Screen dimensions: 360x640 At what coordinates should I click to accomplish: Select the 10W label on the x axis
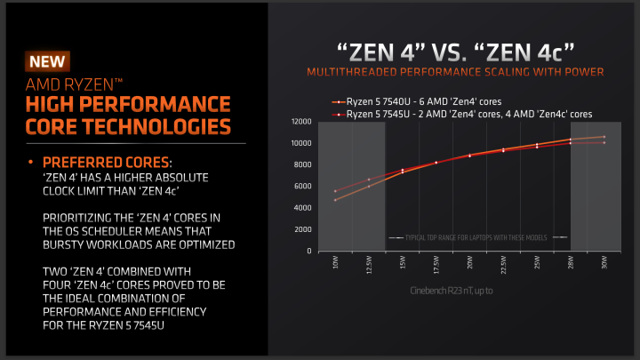click(334, 263)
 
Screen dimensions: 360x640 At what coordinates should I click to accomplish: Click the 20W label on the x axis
click(469, 263)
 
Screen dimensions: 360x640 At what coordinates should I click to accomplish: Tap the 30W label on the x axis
click(604, 263)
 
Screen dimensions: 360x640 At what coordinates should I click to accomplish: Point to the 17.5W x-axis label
click(436, 266)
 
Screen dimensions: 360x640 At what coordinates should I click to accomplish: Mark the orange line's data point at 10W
click(335, 200)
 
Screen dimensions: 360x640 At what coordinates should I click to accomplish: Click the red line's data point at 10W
click(335, 190)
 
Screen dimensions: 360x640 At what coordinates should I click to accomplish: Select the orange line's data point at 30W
click(604, 137)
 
